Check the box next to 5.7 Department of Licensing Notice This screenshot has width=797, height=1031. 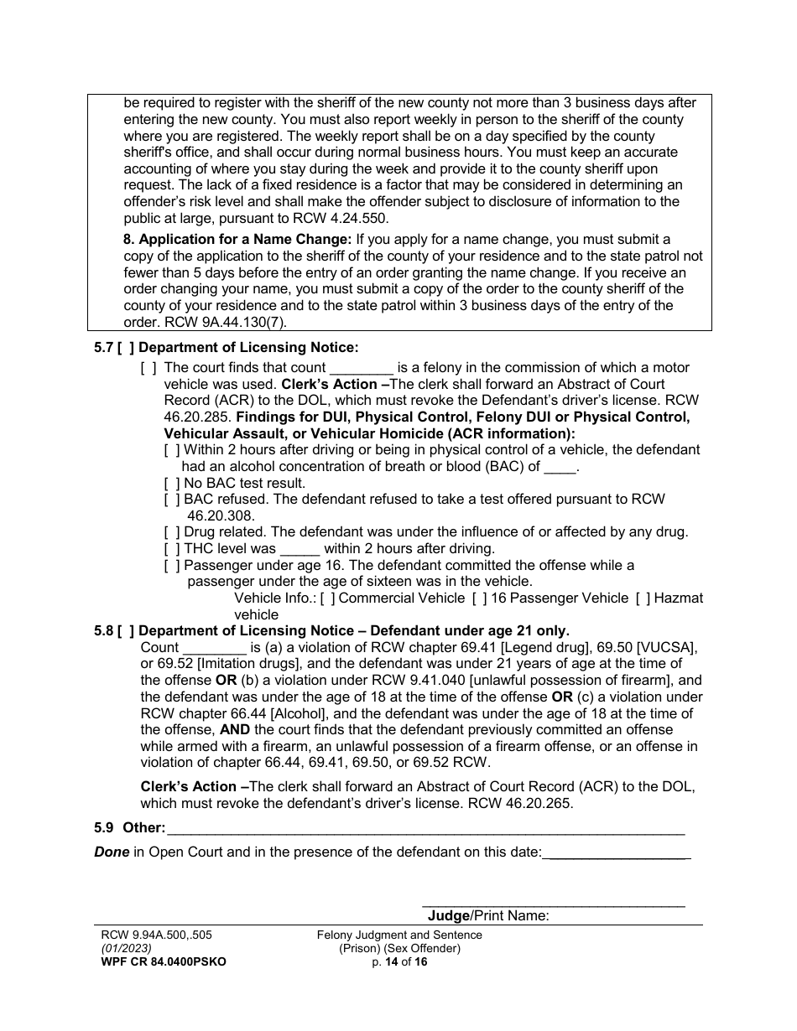click(125, 348)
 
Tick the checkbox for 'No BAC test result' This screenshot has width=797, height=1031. click(172, 483)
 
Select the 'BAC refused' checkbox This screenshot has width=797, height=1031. click(172, 500)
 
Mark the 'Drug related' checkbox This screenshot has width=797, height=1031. click(172, 532)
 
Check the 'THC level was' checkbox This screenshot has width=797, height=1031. click(172, 548)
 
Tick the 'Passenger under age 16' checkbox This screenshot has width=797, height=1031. click(172, 565)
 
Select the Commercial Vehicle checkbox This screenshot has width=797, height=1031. click(327, 598)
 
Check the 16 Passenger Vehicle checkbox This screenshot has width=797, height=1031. click(479, 598)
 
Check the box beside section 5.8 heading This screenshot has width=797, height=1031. click(125, 630)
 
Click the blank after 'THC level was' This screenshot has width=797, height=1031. click(300, 549)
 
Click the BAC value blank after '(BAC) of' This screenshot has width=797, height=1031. click(560, 467)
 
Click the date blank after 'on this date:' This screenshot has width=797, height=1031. click(617, 853)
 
